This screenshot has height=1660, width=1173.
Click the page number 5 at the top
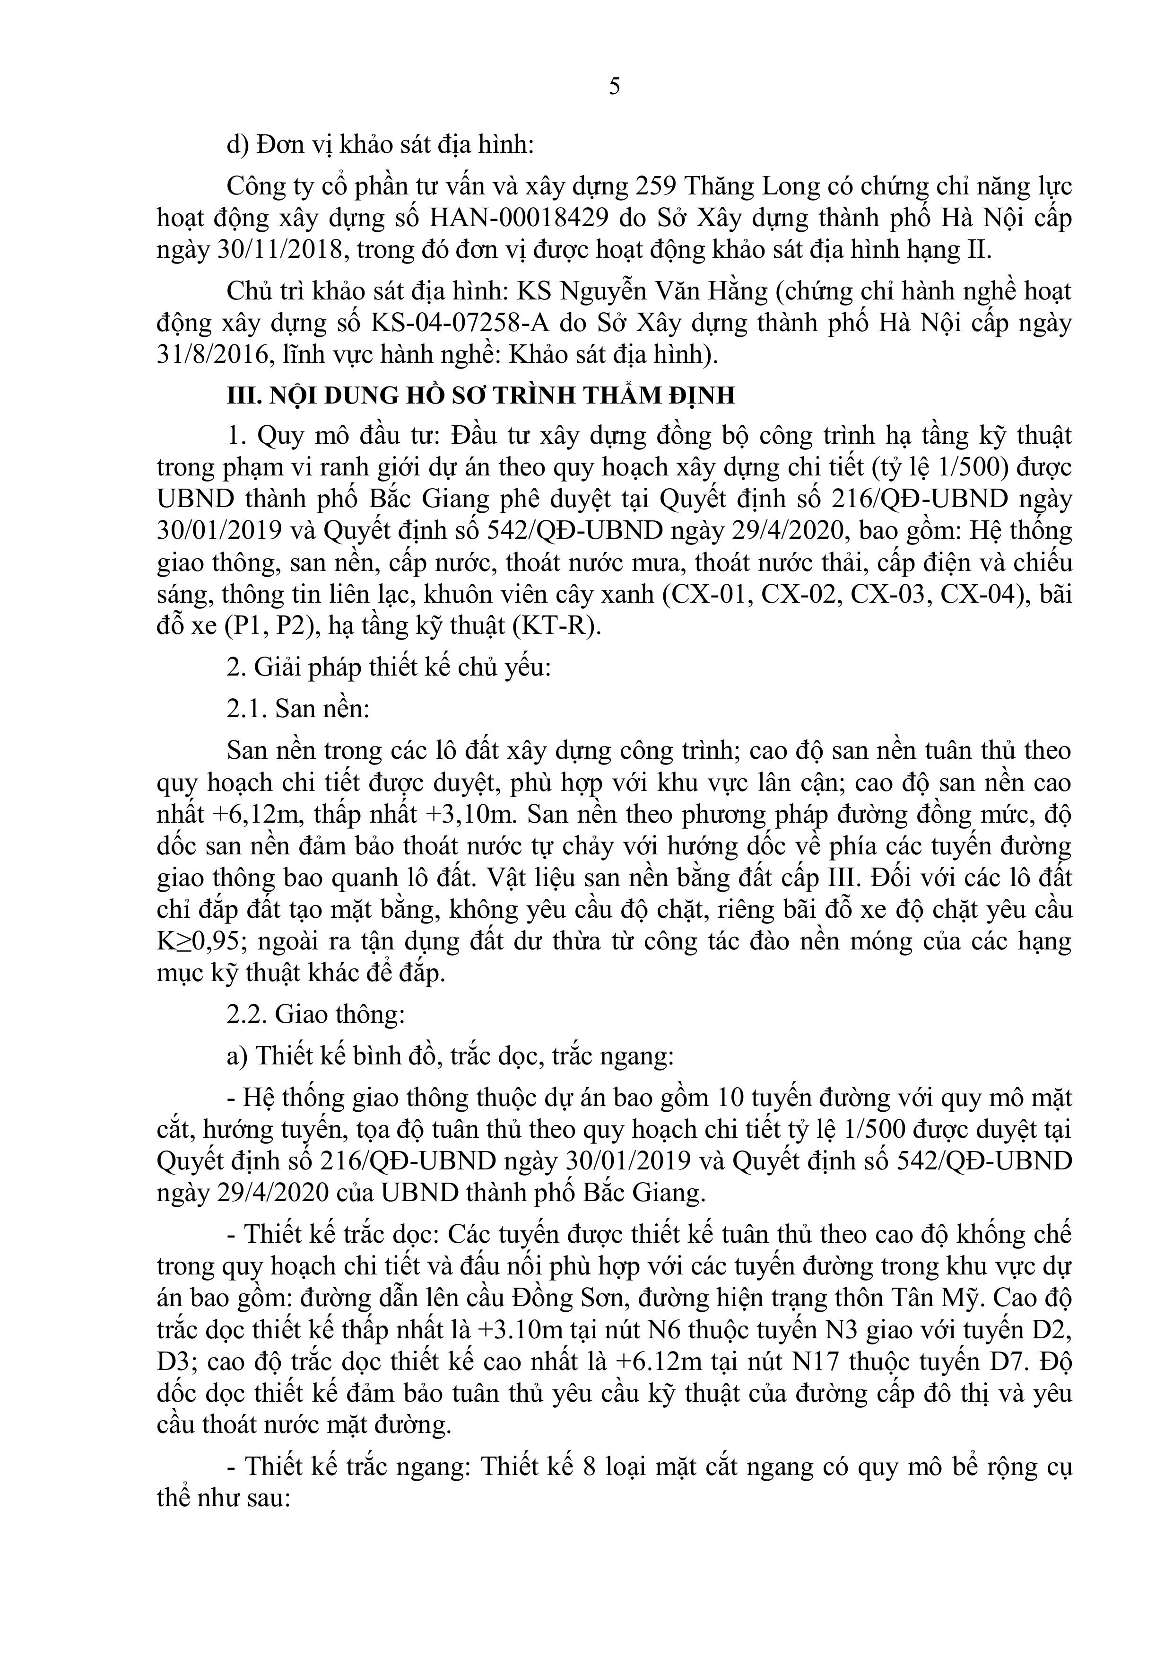[614, 87]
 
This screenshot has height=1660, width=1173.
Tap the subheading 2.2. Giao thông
[315, 1014]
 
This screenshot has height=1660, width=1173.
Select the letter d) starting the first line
[238, 145]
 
